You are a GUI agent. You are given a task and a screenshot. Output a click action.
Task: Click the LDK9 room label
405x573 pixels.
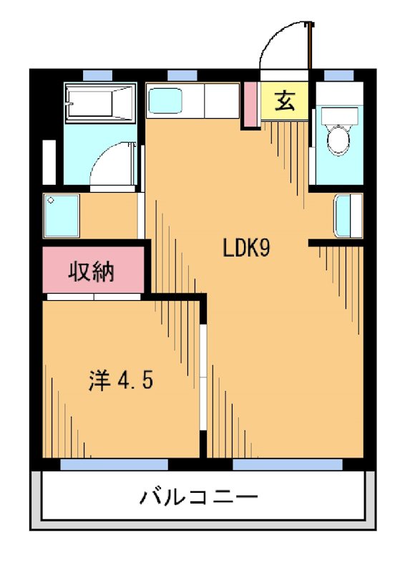[x=245, y=249]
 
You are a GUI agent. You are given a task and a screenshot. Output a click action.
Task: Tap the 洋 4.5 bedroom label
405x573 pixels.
[x=120, y=380]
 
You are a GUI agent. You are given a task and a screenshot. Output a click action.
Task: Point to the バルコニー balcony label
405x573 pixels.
[x=198, y=496]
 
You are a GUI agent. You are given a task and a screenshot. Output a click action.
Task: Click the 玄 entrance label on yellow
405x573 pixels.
[x=285, y=102]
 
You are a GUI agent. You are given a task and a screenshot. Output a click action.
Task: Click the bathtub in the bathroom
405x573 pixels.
[x=99, y=104]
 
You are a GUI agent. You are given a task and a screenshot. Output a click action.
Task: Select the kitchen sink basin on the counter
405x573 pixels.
[x=166, y=100]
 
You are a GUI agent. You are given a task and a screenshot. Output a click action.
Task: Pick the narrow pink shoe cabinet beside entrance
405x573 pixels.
[x=250, y=105]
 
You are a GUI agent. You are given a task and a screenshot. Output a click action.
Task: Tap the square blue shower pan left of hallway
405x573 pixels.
[x=61, y=214]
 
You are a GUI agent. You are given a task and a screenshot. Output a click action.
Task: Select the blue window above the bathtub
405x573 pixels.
[x=97, y=75]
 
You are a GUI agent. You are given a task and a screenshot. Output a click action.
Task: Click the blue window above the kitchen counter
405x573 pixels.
[x=182, y=75]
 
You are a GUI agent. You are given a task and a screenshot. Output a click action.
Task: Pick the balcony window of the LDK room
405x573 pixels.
[x=287, y=464]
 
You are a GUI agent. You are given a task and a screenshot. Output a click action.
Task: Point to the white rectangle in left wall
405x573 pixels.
[x=49, y=163]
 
